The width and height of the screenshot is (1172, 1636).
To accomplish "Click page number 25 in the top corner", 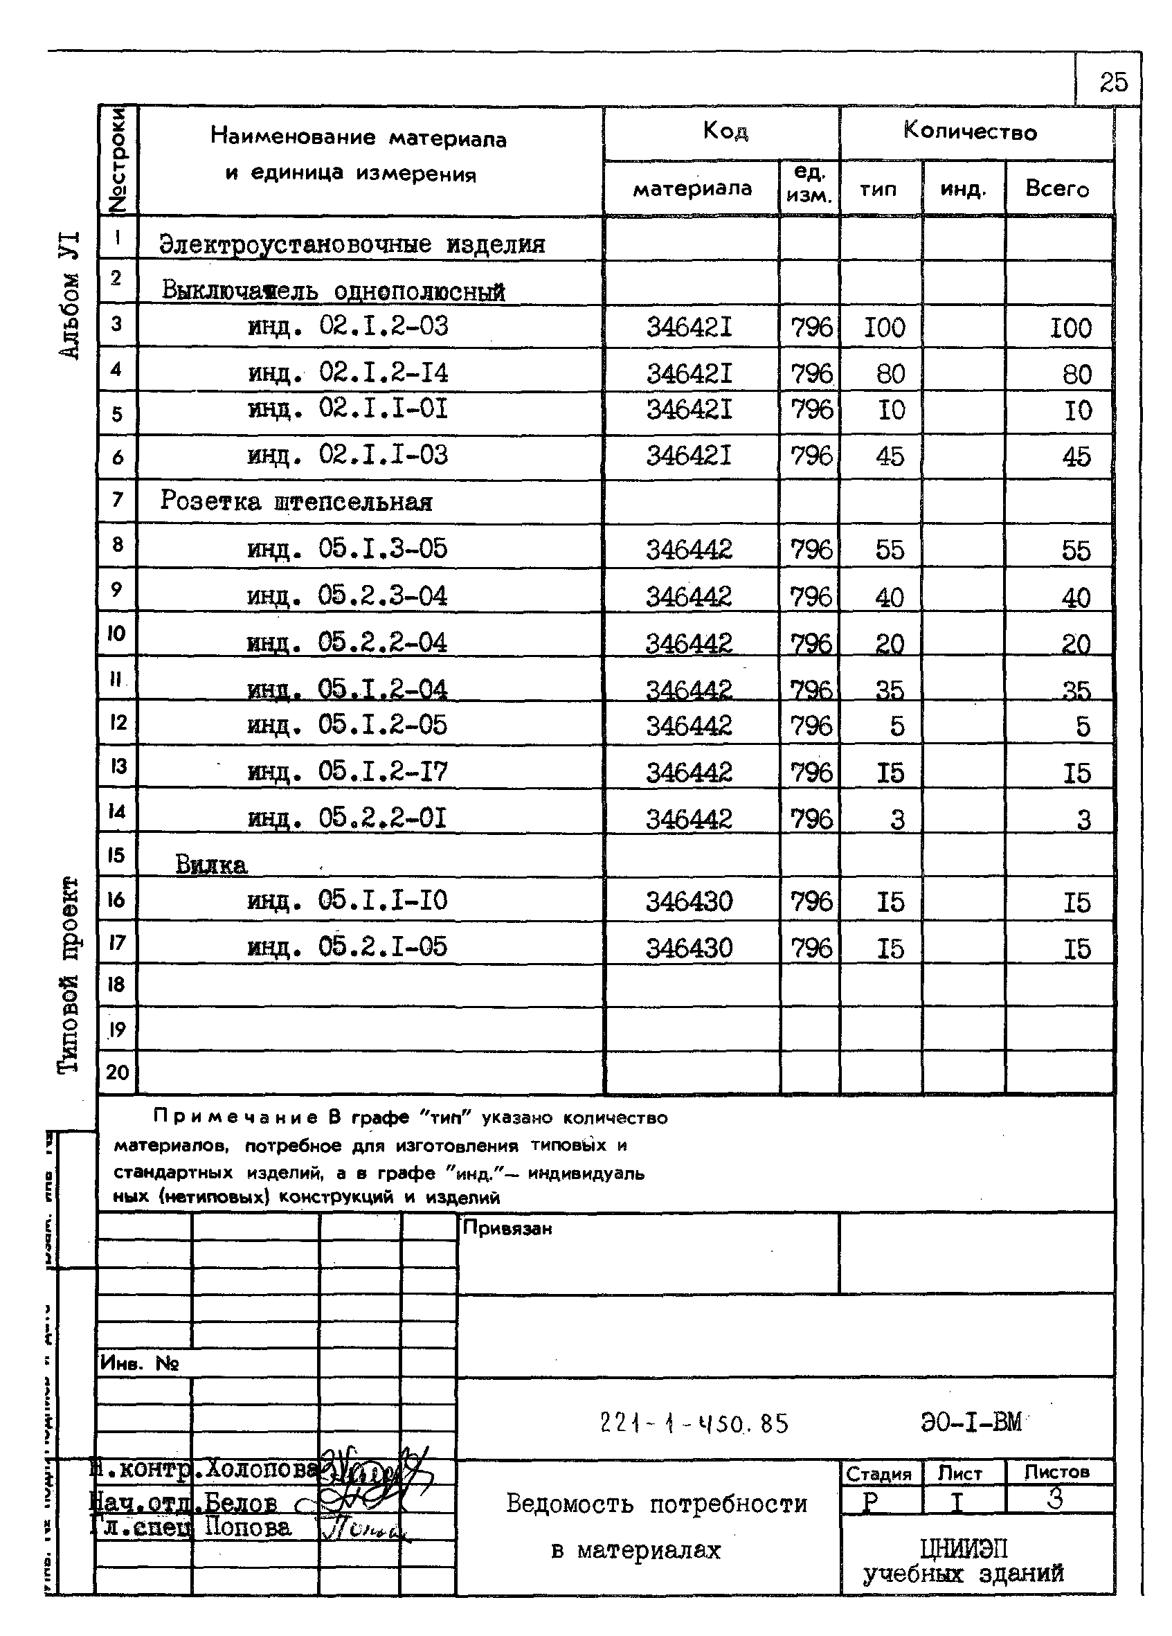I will (1113, 82).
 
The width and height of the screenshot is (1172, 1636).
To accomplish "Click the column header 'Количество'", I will (969, 132).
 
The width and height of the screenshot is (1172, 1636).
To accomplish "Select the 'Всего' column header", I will (1056, 189).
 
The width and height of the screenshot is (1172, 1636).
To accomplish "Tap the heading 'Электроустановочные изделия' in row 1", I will (352, 244).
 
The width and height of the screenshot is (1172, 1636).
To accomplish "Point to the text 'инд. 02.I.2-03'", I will (348, 327).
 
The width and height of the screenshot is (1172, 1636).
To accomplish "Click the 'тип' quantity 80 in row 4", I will (890, 374).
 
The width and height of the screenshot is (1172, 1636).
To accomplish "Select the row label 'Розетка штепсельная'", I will (296, 501).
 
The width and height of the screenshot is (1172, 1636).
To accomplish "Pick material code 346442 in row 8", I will (689, 550).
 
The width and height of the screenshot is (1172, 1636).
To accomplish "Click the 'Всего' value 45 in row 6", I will (1076, 456).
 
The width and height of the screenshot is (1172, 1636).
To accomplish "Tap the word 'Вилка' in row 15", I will (211, 864).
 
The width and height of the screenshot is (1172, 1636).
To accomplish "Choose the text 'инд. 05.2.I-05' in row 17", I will (347, 947).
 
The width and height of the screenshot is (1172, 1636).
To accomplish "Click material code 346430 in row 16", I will (689, 901).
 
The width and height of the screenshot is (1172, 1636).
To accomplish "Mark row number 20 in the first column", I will (117, 1072).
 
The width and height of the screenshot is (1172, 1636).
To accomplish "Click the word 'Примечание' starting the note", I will (235, 1117).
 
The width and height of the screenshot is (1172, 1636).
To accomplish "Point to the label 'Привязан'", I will (507, 1228).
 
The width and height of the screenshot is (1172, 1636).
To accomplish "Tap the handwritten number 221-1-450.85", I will (694, 1423).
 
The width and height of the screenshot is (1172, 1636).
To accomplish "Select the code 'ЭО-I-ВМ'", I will (971, 1422).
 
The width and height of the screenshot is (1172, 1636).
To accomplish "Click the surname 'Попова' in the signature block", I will (248, 1527).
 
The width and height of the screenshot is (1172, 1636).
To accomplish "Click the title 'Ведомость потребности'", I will (656, 1504).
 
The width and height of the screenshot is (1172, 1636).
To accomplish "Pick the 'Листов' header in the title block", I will (1056, 1472).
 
